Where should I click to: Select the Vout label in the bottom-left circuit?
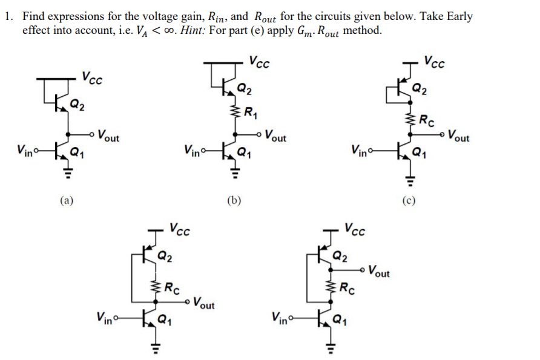click(203, 303)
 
